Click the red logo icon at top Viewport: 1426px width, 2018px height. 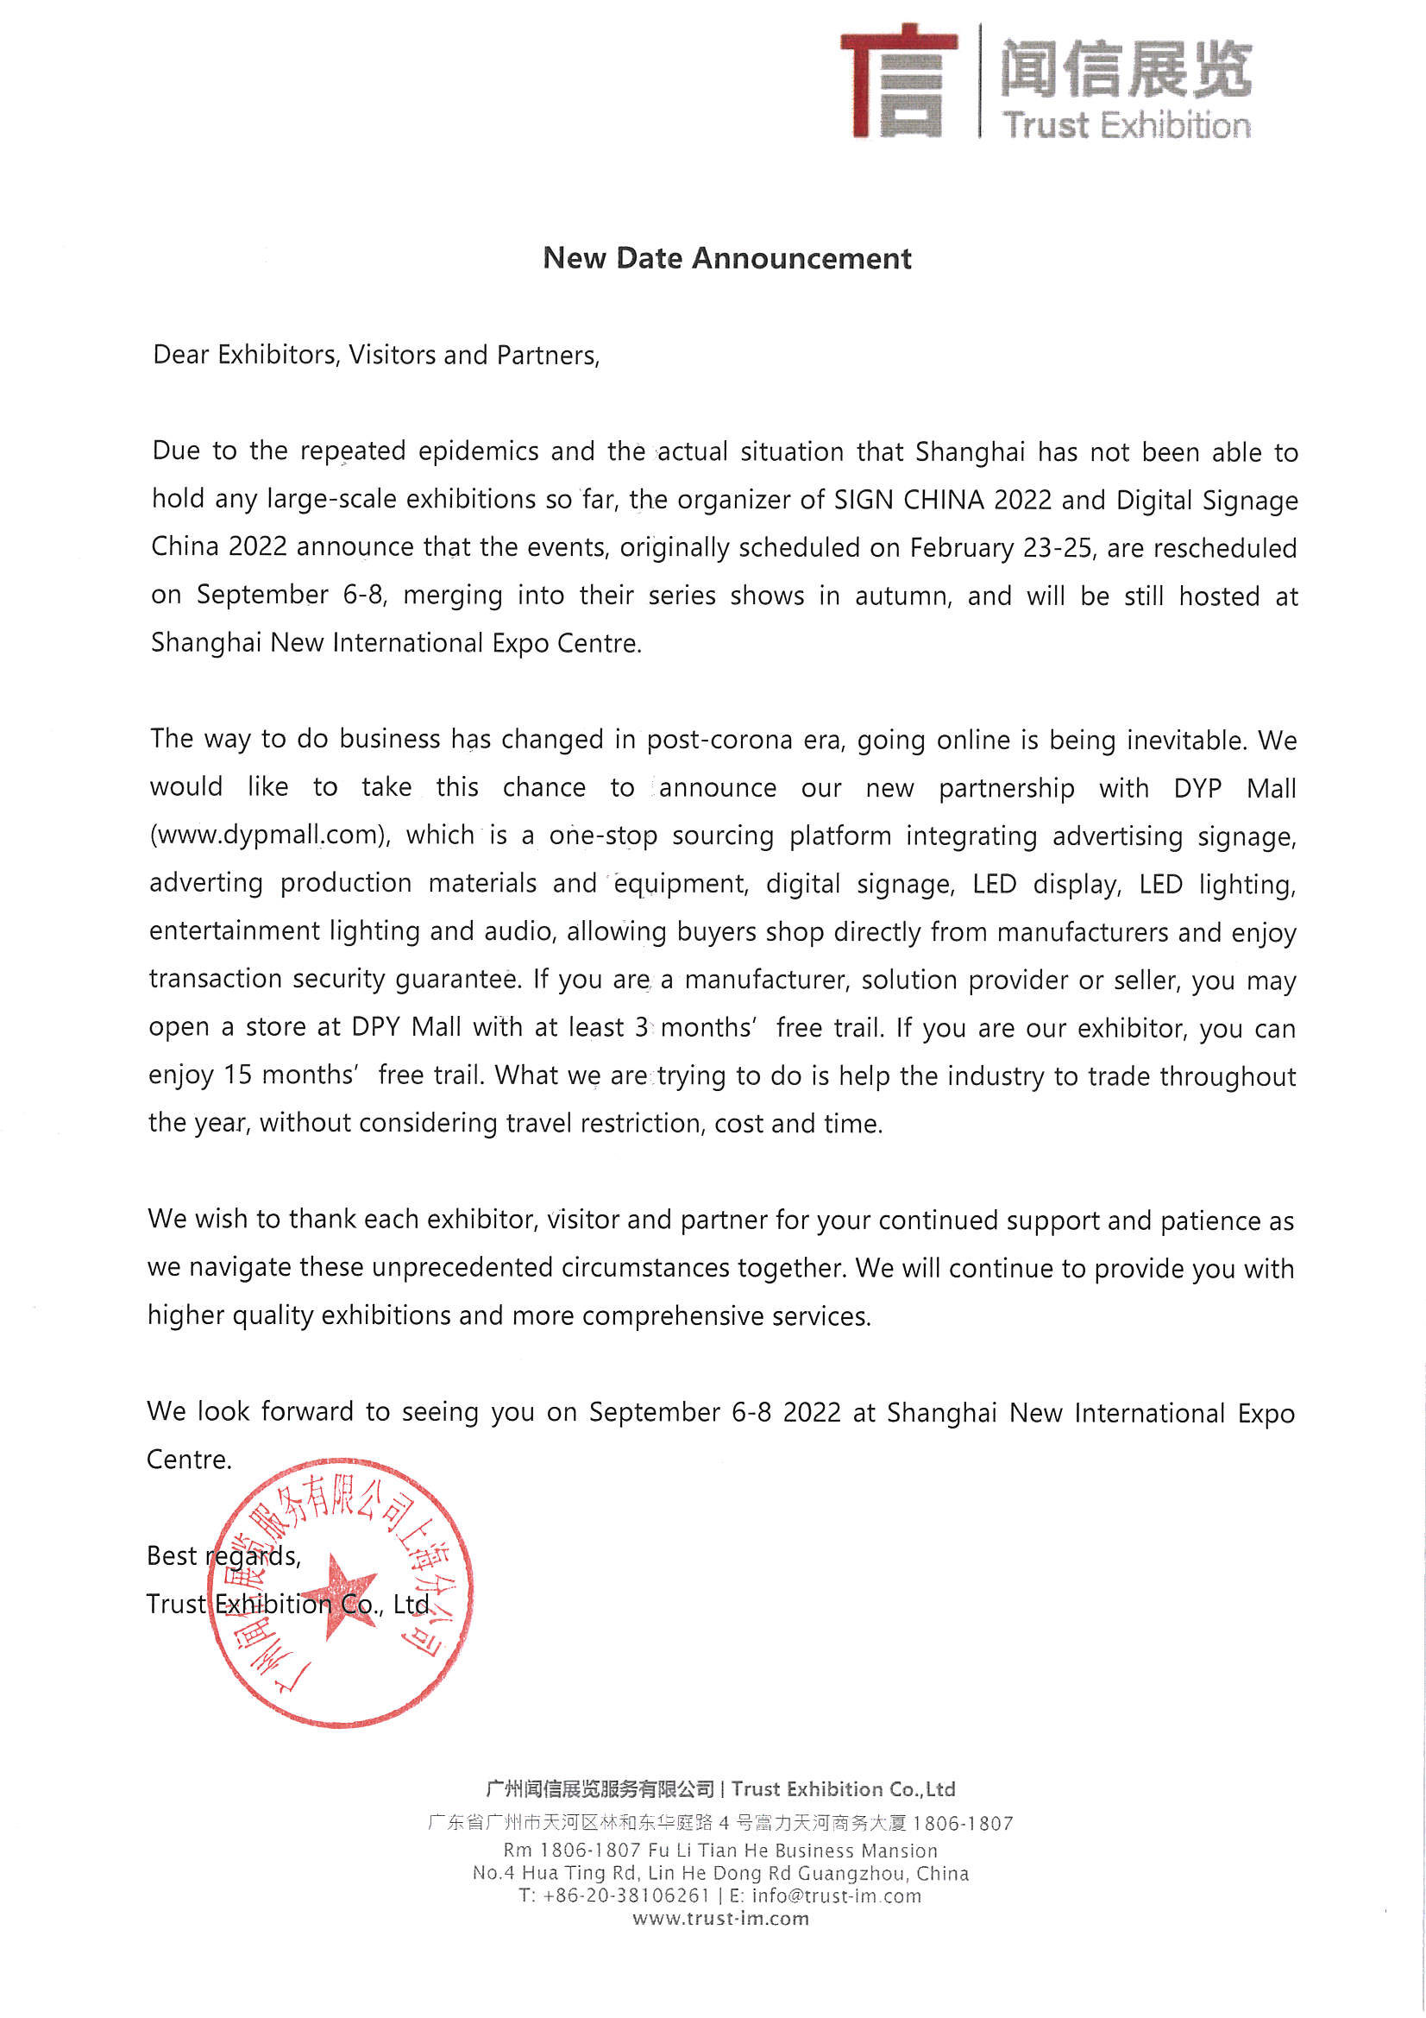[x=898, y=81]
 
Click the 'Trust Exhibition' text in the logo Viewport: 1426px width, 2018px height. [x=1127, y=126]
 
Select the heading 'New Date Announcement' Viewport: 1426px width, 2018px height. [x=726, y=258]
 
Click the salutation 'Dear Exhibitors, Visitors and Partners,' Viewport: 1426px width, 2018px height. [x=376, y=355]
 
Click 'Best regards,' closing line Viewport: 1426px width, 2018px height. [x=223, y=1556]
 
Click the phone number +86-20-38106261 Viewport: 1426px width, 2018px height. [x=625, y=1895]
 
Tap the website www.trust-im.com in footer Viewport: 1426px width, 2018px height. [x=720, y=1919]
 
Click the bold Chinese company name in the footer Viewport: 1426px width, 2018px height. [x=600, y=1788]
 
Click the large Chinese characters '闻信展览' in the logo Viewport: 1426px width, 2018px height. [x=1126, y=68]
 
